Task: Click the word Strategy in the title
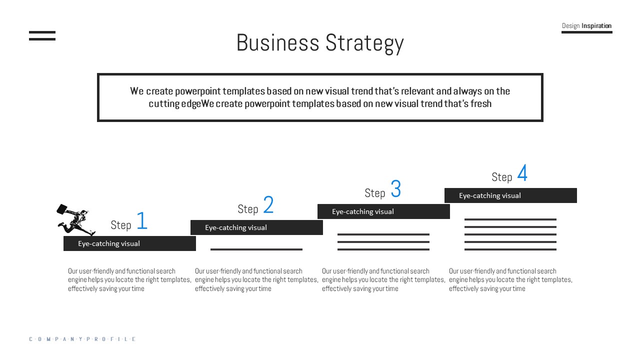coord(364,43)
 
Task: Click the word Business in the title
coord(277,43)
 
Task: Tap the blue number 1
coord(142,221)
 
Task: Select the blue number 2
coord(268,205)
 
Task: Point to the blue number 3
coord(395,189)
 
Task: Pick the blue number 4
coord(522,173)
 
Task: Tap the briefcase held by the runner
coord(62,209)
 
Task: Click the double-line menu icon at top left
coord(42,35)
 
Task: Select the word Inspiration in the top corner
coord(596,26)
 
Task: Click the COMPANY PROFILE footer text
coord(82,339)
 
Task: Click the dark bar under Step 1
coord(129,243)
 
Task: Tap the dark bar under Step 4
coord(510,195)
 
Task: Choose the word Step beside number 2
coord(248,209)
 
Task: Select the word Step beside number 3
coord(375,193)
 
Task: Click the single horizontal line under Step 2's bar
coord(256,249)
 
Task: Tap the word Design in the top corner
coord(570,26)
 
